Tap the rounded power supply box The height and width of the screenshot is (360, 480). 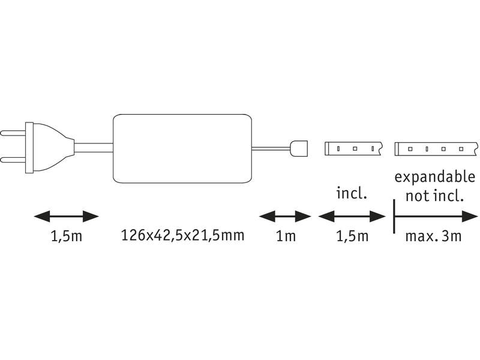[182, 148]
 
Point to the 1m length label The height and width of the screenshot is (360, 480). [285, 236]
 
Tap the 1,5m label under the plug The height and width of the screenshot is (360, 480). [66, 236]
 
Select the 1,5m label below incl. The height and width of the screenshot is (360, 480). [352, 236]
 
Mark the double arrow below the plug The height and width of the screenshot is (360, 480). [66, 215]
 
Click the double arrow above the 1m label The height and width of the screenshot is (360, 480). [285, 215]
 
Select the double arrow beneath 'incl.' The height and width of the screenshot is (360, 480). [352, 215]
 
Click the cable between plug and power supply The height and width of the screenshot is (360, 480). [94, 146]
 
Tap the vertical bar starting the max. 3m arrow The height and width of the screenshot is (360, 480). [394, 215]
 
